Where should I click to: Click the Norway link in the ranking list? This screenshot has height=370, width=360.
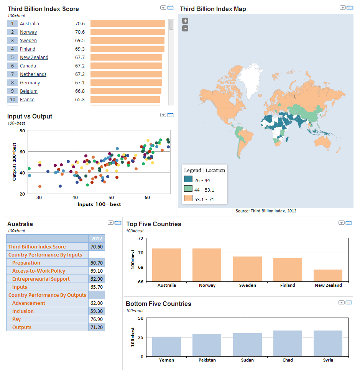28,32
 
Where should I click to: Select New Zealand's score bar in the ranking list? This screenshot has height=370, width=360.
126,58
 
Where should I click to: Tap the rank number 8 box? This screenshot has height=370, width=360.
12,83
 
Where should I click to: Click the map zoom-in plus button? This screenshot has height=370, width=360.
185,21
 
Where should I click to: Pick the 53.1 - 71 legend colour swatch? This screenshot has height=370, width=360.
188,198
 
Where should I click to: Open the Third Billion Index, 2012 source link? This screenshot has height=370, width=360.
273,211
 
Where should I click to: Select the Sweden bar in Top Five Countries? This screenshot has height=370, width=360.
247,269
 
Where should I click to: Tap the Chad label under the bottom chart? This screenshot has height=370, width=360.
288,360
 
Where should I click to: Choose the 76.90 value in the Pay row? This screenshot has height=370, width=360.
96,319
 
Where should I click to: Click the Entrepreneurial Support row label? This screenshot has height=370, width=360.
41,279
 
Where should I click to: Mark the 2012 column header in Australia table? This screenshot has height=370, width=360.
96,239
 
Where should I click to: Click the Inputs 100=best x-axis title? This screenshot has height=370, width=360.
99,204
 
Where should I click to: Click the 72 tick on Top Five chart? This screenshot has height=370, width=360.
140,238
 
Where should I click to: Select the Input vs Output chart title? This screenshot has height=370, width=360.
30,117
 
